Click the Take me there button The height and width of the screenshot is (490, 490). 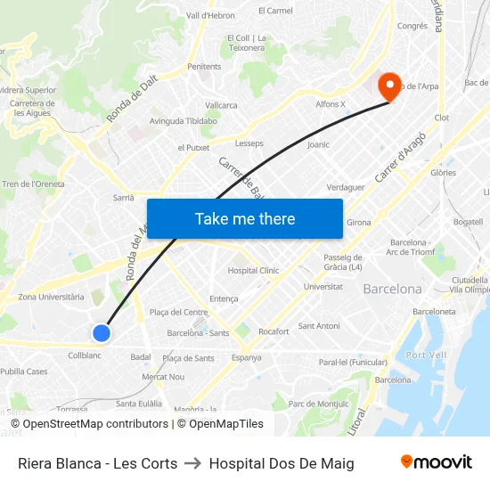pos(245,219)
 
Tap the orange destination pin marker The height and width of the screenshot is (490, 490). pos(389,86)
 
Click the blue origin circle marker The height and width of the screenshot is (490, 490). pos(102,333)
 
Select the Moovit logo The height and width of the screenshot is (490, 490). pos(437,462)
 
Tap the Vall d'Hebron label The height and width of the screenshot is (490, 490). pos(210,16)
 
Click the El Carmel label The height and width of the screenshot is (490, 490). pos(274,11)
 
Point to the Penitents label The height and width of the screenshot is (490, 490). pos(204,66)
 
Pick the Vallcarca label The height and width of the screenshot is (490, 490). pos(221,105)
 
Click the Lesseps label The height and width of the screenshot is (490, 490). pos(249,143)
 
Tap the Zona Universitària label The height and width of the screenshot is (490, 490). pos(52,297)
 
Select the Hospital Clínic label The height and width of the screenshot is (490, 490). pos(253,271)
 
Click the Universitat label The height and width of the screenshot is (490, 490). pos(323,287)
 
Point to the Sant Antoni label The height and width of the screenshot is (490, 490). pos(318,326)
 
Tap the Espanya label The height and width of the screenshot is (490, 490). pos(246,357)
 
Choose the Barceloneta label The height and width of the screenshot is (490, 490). pos(434,312)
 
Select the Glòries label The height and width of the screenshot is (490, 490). pos(443,173)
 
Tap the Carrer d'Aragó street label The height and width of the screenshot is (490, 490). pos(401,158)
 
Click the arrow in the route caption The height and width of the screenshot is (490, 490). pos(192,463)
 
